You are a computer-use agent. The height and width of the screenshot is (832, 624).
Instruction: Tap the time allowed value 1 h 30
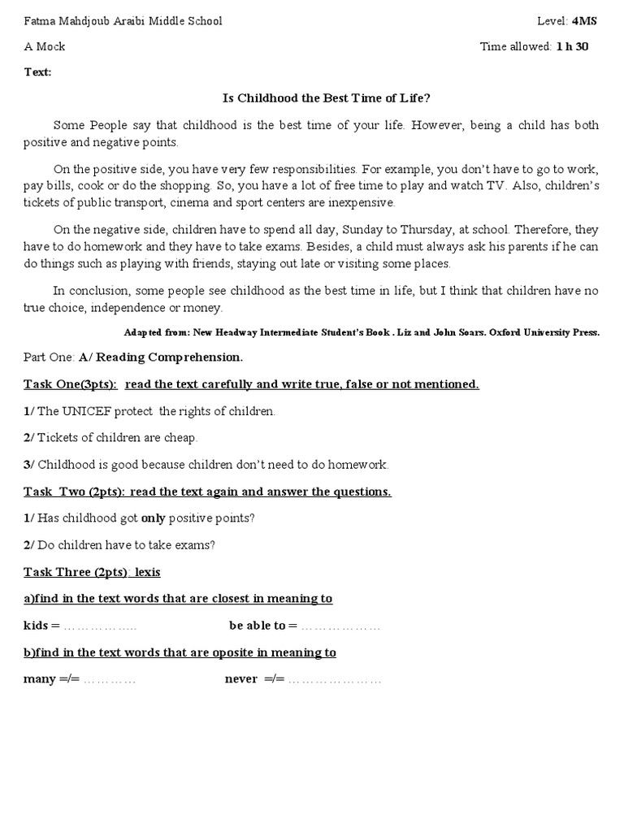point(572,46)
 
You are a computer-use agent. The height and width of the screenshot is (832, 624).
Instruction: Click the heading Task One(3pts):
point(70,384)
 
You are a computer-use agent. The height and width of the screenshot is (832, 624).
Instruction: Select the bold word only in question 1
point(153,518)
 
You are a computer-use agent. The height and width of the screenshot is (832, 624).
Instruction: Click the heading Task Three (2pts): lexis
point(92,572)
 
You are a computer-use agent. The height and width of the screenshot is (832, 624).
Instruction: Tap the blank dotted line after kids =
point(100,626)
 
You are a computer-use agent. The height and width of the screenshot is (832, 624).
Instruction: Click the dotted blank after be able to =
point(340,626)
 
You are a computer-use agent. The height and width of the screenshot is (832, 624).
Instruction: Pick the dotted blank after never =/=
point(334,679)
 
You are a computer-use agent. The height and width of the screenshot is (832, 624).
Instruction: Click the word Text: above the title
point(37,72)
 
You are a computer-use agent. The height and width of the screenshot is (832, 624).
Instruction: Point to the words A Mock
point(44,46)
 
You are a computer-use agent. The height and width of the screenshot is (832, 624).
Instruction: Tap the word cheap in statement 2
point(181,438)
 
